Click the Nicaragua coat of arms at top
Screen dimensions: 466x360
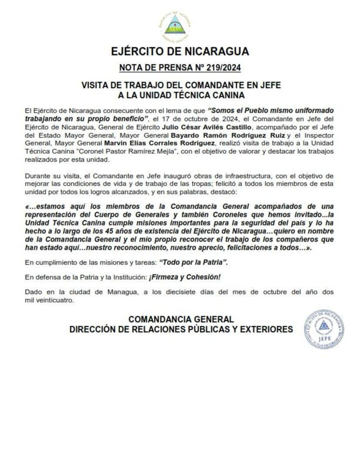pos(175,25)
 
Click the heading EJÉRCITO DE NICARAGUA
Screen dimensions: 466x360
pos(180,51)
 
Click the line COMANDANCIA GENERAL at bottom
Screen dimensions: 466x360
pos(181,319)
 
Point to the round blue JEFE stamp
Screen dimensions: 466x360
pos(323,329)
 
